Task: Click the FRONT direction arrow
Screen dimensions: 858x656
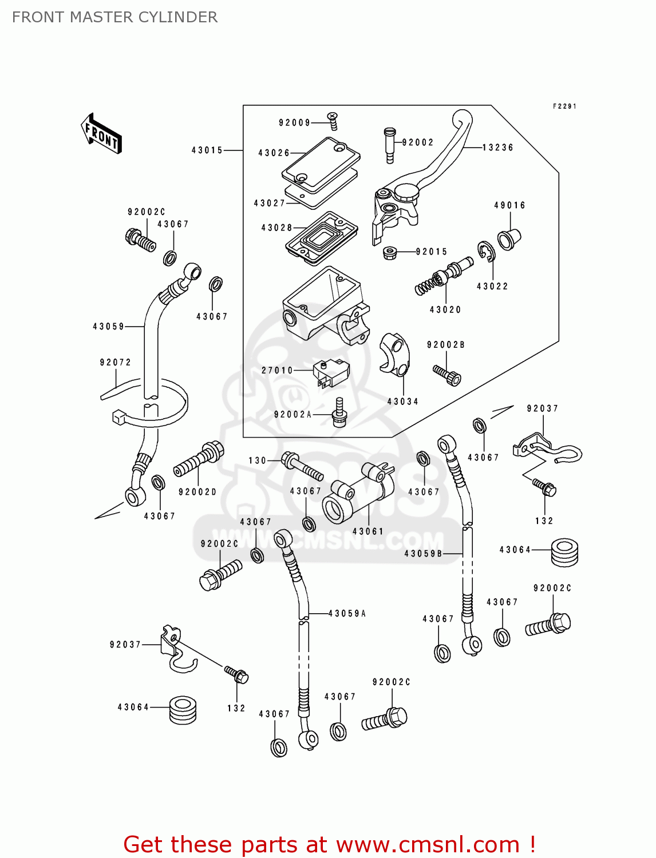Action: (102, 134)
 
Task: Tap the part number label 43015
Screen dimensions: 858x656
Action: (207, 150)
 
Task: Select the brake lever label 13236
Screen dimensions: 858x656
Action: (497, 148)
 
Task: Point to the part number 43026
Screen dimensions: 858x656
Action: (274, 153)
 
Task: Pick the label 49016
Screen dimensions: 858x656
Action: (509, 205)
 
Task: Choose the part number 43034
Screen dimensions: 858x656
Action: (402, 402)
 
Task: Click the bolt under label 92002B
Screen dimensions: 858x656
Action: (447, 375)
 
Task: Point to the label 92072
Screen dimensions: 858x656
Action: (115, 362)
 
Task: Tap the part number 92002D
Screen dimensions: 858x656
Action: (197, 492)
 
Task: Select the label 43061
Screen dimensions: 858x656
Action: (367, 531)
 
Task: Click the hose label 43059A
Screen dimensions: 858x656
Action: (347, 614)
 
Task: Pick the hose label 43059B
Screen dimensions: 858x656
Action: (423, 554)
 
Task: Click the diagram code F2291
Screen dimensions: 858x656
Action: (564, 106)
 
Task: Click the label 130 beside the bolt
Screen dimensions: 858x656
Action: (257, 460)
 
